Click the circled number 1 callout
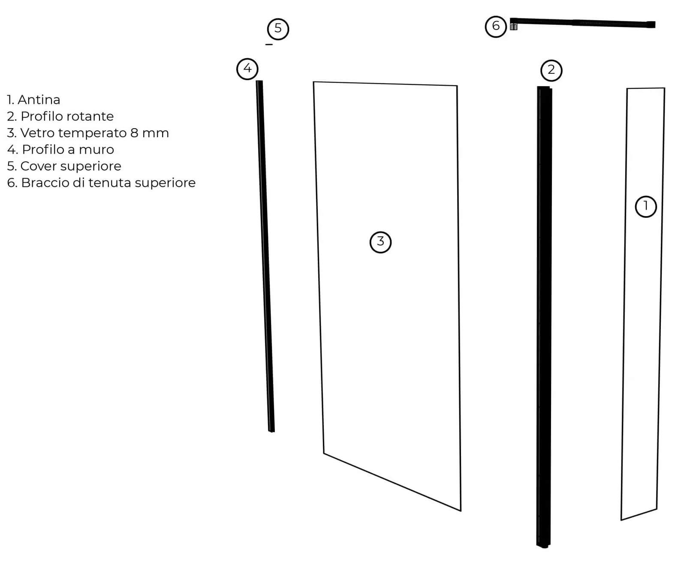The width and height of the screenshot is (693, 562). pos(645,207)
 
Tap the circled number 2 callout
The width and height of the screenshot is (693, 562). pos(551,70)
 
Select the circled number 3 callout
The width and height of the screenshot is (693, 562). pos(380,242)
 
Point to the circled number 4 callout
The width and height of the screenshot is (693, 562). pos(247,69)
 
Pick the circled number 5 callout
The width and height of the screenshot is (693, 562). pos(278,29)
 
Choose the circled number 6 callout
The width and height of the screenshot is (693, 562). pos(496,26)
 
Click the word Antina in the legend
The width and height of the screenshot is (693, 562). pos(39,100)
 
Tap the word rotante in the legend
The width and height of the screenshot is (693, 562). pos(93,116)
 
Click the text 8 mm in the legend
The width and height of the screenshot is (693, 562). pos(149,133)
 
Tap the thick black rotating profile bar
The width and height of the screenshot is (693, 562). pos(544,317)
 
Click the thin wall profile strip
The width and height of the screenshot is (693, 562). pos(265,257)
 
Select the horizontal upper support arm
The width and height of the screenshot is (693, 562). pos(583,23)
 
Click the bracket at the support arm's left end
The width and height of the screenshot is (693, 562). pos(514,27)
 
